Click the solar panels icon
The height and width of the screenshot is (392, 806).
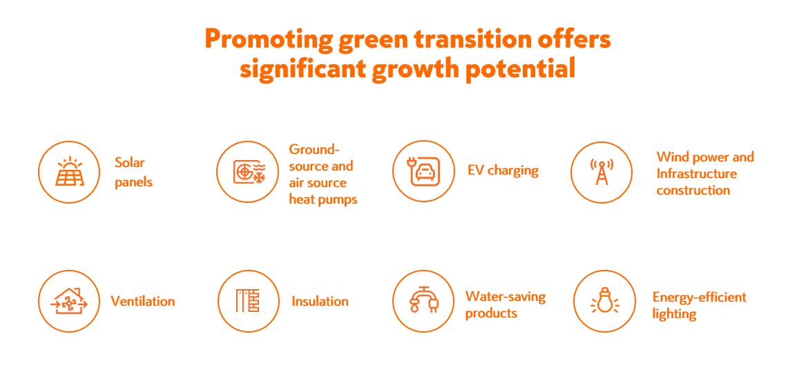(69, 172)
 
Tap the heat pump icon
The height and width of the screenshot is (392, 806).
(247, 172)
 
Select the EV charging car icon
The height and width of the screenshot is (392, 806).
(423, 172)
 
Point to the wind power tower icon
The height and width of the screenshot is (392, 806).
(602, 172)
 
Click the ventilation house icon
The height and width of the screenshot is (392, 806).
(69, 301)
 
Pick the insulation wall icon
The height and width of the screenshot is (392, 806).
(247, 301)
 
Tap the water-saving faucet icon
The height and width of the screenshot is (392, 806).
(423, 300)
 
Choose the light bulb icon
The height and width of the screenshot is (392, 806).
(604, 301)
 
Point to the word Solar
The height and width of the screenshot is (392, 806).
(130, 163)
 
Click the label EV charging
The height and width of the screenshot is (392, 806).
(503, 171)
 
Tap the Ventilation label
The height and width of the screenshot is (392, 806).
(143, 301)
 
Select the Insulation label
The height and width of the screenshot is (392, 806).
(320, 301)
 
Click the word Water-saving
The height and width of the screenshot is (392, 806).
(506, 297)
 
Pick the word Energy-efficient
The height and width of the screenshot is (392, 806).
(700, 297)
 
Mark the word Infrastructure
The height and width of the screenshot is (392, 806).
(696, 173)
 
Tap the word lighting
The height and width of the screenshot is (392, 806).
(674, 314)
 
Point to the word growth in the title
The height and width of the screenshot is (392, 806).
(414, 69)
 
